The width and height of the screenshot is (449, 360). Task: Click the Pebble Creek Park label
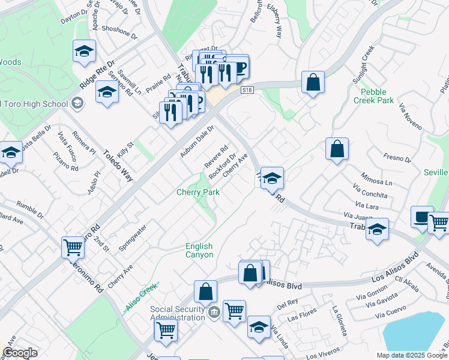coord(378,96)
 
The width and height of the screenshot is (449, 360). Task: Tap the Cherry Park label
coord(197,192)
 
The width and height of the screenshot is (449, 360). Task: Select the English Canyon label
coord(199,250)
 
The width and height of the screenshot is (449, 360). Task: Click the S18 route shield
coord(246,89)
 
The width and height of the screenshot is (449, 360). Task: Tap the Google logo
coord(20,353)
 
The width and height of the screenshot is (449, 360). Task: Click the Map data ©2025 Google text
coord(411,355)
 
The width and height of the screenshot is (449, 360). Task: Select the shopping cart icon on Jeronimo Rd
coord(73,247)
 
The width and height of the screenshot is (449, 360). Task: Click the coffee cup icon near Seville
coord(421,216)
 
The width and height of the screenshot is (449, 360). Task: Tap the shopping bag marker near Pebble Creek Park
coord(313,82)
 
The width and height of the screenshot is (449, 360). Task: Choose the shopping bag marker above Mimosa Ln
coord(337,148)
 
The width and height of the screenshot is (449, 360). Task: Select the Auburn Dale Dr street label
coord(197,142)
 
